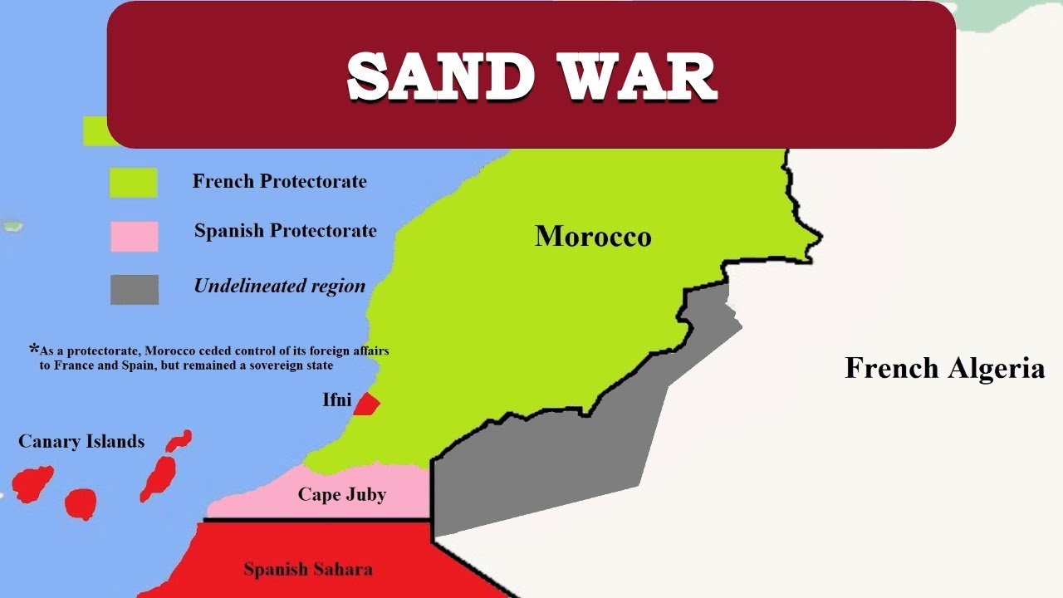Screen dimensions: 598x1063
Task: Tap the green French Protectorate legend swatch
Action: click(134, 183)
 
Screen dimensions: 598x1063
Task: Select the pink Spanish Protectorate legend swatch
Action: click(134, 236)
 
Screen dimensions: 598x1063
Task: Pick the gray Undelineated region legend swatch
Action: click(134, 289)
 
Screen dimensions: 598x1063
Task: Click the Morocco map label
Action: click(593, 237)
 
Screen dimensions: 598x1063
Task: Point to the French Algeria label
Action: click(944, 367)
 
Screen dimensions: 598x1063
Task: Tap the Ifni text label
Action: click(337, 400)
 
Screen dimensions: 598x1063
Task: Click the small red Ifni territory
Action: click(366, 404)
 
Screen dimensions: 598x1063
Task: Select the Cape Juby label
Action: click(342, 495)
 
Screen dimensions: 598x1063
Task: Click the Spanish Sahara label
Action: click(308, 570)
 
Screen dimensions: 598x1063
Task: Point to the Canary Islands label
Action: click(81, 442)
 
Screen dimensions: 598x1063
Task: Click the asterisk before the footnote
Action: click(34, 348)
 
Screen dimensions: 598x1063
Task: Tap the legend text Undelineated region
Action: click(279, 287)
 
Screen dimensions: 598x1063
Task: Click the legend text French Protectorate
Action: click(279, 181)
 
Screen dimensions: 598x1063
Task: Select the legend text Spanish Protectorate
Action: click(285, 231)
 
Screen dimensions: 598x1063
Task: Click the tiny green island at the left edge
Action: click(12, 226)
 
